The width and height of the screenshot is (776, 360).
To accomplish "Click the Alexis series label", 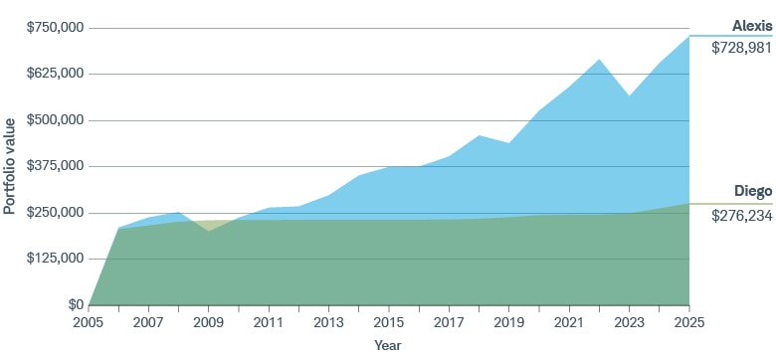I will (751, 23).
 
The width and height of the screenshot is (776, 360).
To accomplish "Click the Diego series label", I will (753, 191).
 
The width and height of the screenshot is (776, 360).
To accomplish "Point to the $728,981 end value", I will (742, 47).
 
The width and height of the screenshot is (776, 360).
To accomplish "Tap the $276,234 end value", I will (742, 215).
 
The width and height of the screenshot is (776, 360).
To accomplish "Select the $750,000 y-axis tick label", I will (54, 27).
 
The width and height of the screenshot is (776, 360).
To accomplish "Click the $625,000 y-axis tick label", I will (54, 74).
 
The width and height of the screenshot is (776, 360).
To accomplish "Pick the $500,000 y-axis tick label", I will (54, 120).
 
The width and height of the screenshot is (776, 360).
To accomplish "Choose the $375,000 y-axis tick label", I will (54, 166).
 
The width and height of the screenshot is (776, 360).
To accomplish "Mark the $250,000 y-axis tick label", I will (54, 213).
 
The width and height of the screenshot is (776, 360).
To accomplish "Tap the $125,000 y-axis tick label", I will (54, 259).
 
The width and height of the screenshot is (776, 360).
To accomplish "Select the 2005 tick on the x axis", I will (89, 322).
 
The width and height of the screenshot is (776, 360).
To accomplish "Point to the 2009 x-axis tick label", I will (209, 322).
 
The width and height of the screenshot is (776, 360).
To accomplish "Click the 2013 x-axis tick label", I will (329, 322).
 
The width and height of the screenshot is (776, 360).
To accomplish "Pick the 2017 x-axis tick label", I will (449, 322).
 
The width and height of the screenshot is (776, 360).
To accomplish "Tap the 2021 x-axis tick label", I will (569, 322).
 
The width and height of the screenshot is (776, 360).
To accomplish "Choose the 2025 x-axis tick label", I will (688, 322).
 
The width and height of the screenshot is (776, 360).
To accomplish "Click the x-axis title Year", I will (388, 345).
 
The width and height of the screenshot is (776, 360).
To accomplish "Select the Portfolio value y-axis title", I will (10, 166).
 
